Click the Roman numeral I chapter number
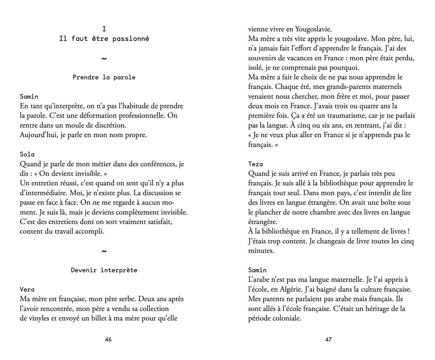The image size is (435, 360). tap(104, 29)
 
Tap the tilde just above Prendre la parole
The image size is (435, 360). tap(104, 59)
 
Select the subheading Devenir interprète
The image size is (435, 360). tap(104, 270)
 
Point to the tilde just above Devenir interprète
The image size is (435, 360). tap(104, 251)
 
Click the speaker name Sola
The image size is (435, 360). tap(27, 154)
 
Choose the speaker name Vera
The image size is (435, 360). tap(27, 289)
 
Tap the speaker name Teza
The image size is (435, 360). tap(256, 164)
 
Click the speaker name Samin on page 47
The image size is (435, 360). tap(257, 270)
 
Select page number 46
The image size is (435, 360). tap(108, 340)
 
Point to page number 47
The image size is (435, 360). tap(328, 340)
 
